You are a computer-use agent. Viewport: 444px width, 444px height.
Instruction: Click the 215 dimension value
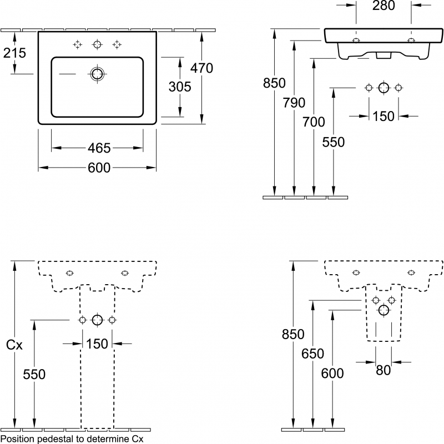(15, 53)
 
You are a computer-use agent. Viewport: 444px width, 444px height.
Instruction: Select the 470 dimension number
(201, 68)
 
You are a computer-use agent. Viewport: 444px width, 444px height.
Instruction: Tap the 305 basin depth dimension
(180, 87)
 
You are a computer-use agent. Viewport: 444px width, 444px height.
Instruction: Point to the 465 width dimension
(99, 148)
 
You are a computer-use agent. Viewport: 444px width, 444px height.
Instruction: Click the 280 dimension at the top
(384, 6)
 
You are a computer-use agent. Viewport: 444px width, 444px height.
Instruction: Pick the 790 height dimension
(294, 103)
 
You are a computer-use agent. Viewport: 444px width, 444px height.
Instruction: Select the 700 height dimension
(314, 122)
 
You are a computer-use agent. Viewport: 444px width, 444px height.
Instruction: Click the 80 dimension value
(383, 370)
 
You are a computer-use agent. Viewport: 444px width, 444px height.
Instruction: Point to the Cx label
(14, 345)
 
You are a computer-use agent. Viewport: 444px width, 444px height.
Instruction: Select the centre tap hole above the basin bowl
(98, 44)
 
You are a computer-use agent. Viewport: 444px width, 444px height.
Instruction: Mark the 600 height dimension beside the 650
(332, 374)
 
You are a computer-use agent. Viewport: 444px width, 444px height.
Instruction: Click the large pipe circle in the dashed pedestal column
(97, 320)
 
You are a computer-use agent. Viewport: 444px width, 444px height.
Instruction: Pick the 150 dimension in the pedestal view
(97, 344)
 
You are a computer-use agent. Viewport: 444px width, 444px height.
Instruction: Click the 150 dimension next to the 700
(383, 116)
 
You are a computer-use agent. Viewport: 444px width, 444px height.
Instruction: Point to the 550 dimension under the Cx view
(34, 375)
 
